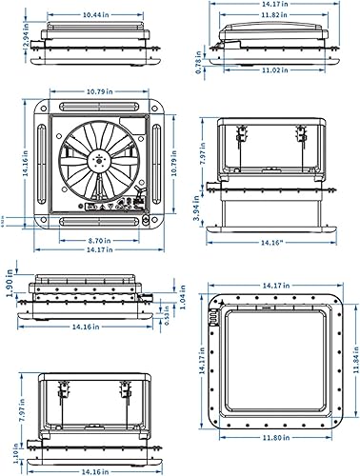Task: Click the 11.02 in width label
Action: [274, 69]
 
